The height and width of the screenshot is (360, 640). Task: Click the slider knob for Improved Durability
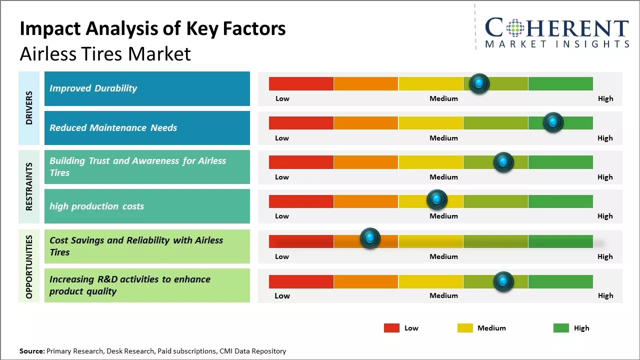coord(479,83)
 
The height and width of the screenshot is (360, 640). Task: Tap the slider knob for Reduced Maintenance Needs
coord(553,122)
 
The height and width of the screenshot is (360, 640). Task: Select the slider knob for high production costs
coord(437,200)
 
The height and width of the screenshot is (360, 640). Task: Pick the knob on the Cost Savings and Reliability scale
coord(370,238)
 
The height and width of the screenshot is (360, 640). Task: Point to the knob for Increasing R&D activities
coord(503,281)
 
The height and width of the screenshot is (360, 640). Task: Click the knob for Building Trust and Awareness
coord(503,162)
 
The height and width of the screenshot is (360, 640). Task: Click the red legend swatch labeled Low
coord(391,328)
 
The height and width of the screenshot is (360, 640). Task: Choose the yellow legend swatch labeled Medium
coord(465,328)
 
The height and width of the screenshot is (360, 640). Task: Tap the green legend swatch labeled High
coord(561,328)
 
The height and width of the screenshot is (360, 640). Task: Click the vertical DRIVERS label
coord(29,107)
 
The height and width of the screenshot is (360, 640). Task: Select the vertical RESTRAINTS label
coord(29,186)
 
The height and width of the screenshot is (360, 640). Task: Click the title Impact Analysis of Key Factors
coord(152,28)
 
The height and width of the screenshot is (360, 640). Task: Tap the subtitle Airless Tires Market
coord(105,53)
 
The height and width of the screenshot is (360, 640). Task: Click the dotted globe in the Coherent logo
coord(515,28)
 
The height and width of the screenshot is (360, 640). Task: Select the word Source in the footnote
coord(31,351)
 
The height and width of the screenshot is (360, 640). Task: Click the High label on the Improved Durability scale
coord(605,98)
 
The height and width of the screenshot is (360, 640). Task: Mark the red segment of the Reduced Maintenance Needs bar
coord(301,123)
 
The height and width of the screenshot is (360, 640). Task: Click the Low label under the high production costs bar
coord(282,216)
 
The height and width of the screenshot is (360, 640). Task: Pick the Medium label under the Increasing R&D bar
coord(443,295)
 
